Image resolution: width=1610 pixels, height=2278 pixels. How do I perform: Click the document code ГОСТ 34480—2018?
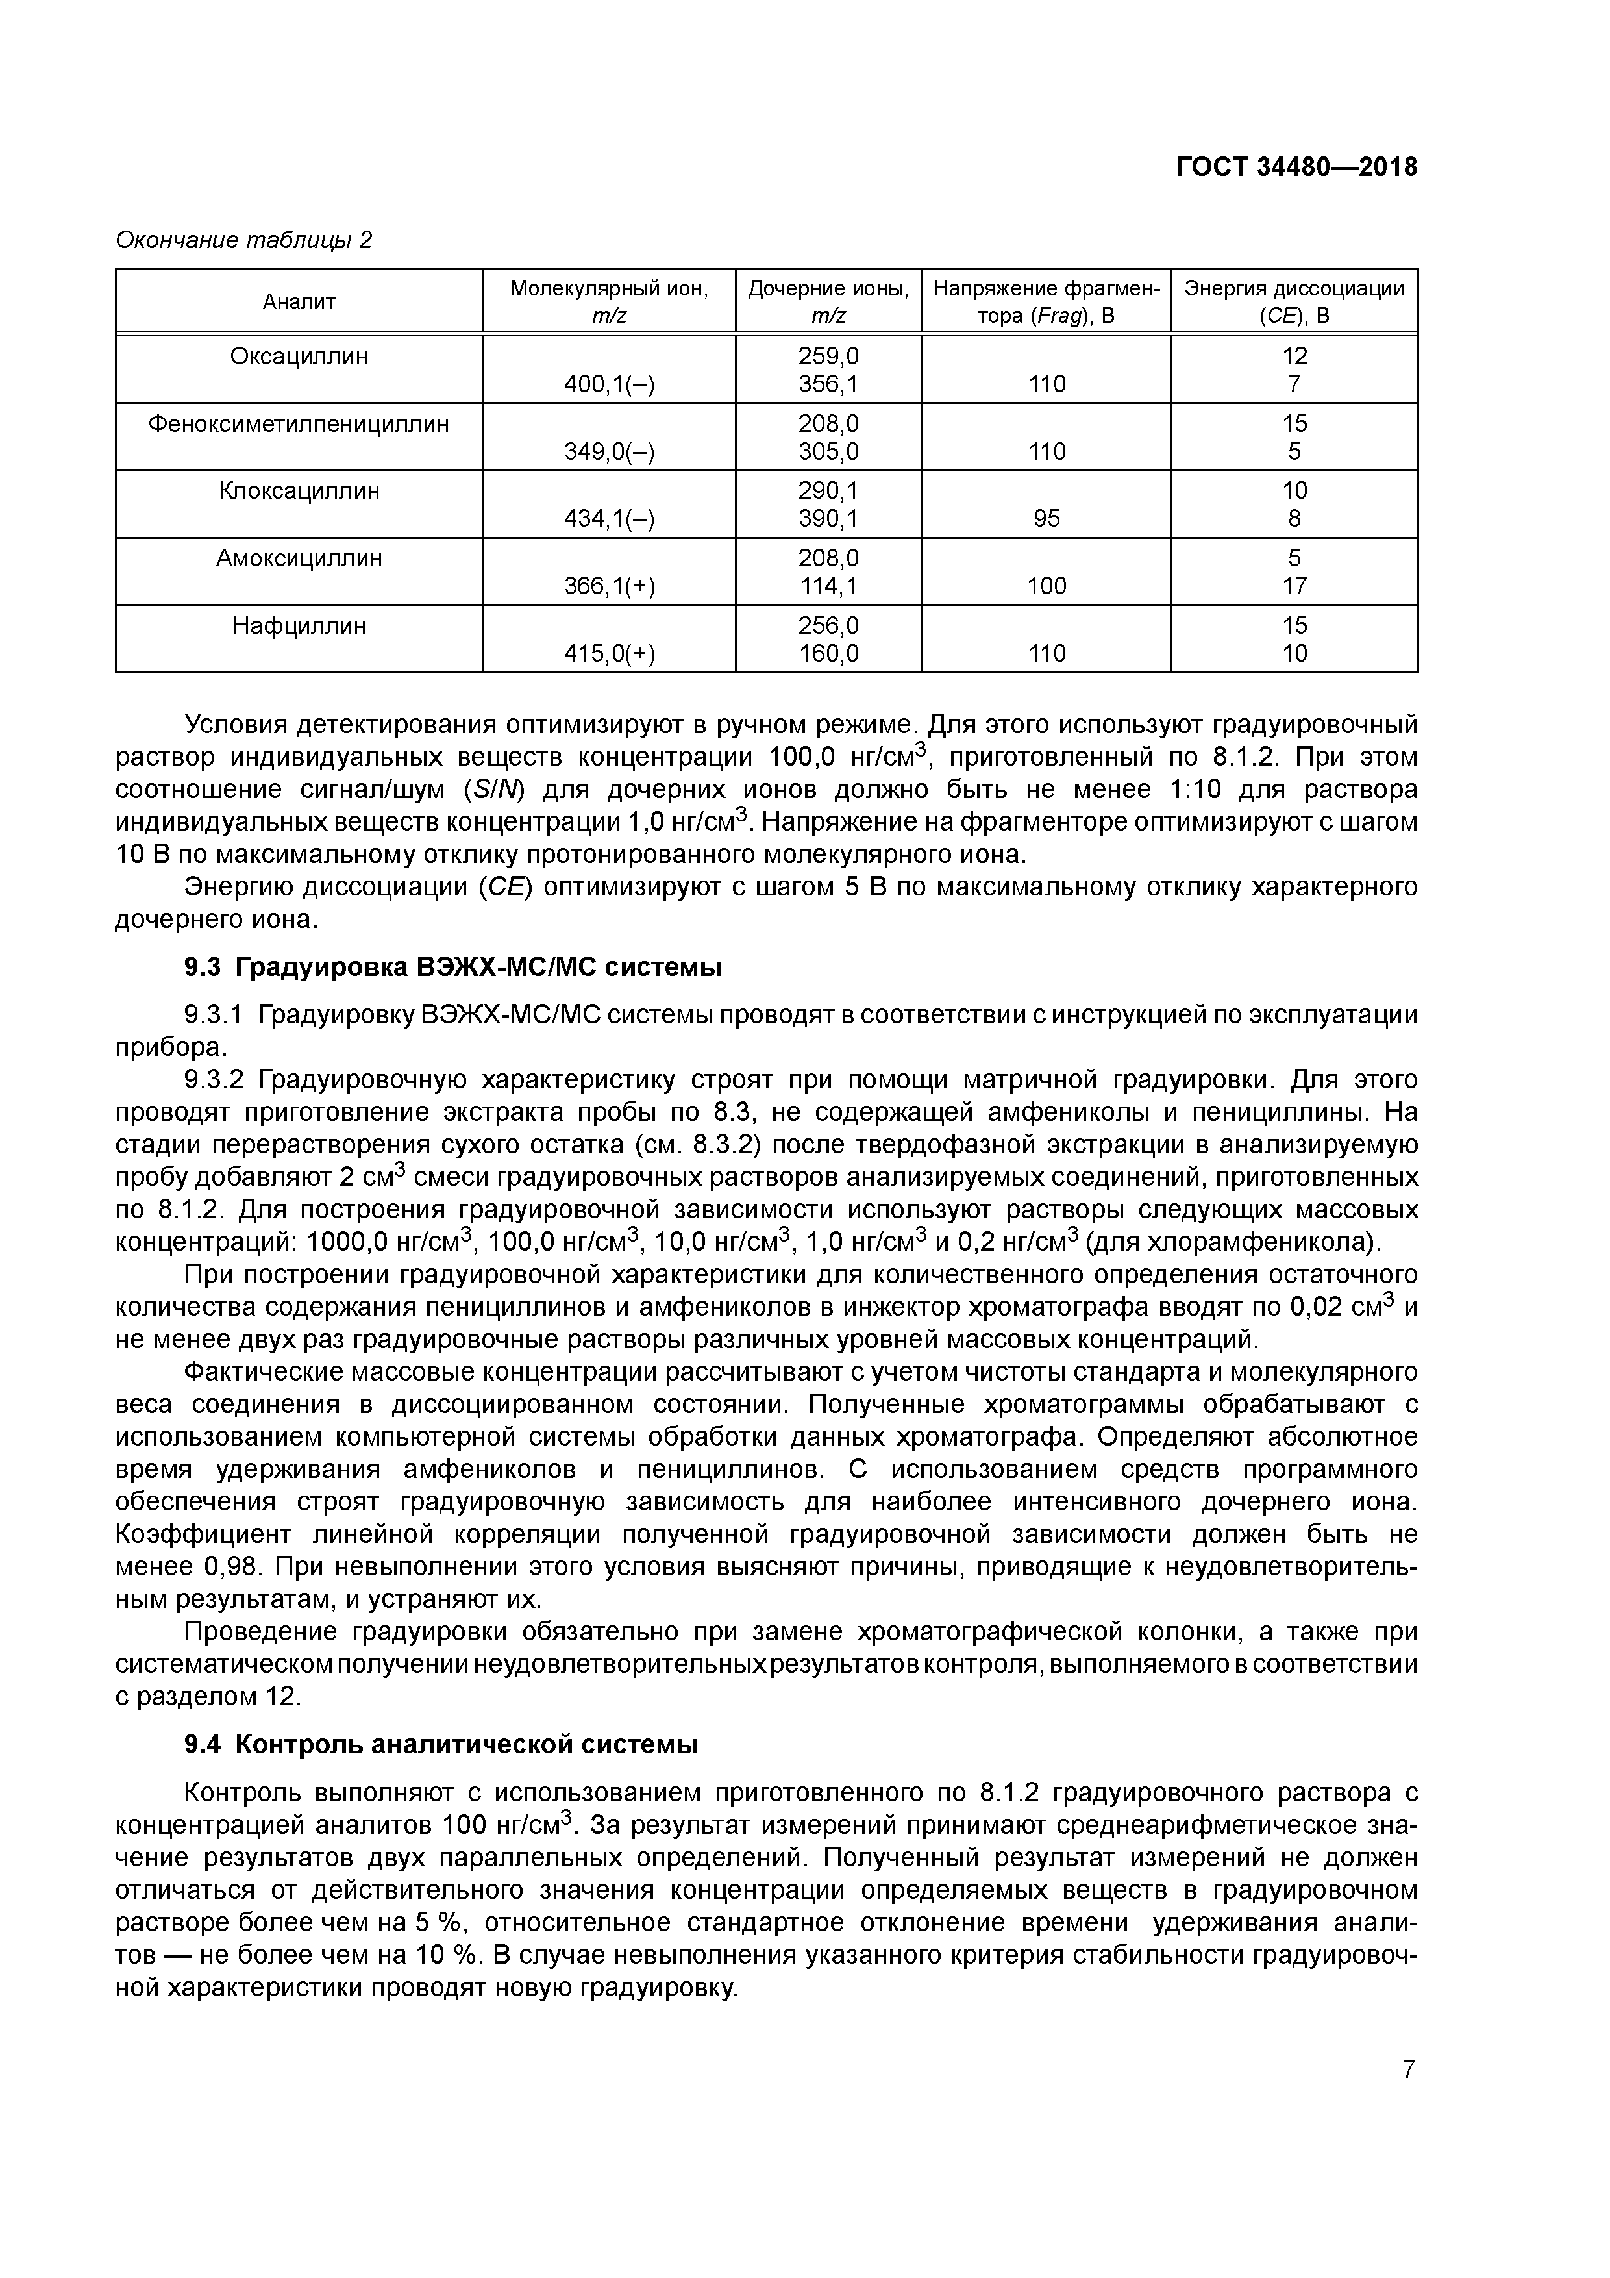tap(1296, 168)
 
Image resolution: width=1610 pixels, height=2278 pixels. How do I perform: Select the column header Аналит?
tap(299, 301)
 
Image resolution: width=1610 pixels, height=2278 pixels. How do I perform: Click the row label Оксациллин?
tap(299, 357)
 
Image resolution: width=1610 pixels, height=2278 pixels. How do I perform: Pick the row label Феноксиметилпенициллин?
tap(299, 423)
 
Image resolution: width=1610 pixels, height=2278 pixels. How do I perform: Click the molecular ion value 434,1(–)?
tap(609, 519)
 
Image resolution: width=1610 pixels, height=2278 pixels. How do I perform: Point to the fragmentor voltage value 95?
tap(1046, 519)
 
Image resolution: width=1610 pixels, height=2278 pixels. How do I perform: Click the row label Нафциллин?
tap(299, 626)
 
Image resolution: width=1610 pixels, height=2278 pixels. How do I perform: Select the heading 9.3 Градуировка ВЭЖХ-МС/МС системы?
tap(452, 966)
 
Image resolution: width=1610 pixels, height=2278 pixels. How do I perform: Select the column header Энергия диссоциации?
tap(1294, 289)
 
